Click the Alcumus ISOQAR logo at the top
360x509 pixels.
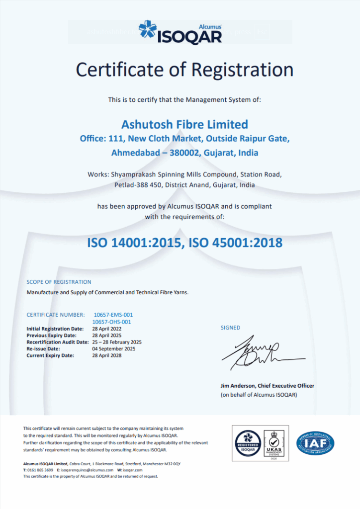180,32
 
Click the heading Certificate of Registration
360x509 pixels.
184,70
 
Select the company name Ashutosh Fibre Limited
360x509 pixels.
184,124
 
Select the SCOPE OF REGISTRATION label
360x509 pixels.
59,282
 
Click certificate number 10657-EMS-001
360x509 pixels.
113,315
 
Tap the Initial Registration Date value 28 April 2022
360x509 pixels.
107,329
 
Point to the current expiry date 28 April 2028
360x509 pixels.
107,355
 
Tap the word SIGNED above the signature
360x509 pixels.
230,328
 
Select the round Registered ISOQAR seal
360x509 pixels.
248,441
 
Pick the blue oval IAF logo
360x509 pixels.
315,441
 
